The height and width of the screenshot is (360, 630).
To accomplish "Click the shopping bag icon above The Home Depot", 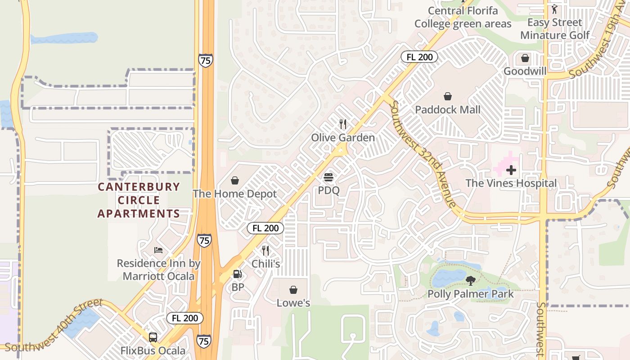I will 235,181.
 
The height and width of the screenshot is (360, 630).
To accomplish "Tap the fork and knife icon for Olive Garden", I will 343,124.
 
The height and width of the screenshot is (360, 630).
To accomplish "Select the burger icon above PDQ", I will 328,177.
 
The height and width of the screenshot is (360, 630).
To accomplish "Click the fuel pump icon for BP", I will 237,274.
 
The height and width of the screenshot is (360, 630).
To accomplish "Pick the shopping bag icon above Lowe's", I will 293,290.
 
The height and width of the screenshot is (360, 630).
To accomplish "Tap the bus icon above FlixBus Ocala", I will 153,337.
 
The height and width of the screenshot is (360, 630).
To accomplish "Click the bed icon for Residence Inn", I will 158,250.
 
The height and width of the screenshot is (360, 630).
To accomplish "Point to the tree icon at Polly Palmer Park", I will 470,281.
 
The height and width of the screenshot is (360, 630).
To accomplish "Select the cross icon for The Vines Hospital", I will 511,170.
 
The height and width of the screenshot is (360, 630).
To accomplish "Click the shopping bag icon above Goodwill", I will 525,58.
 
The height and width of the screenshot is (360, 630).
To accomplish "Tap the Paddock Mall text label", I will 448,109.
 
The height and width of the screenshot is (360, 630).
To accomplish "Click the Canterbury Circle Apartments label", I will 139,200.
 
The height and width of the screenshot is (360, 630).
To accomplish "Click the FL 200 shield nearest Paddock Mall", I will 419,57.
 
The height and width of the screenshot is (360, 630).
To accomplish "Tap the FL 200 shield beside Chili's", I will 265,228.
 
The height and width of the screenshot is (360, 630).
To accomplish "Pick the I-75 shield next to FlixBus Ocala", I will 204,342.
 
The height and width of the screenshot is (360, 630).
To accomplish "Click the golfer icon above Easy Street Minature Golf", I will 554,9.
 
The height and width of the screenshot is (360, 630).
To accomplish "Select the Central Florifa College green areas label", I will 463,17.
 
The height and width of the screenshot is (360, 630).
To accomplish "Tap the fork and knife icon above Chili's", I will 265,251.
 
